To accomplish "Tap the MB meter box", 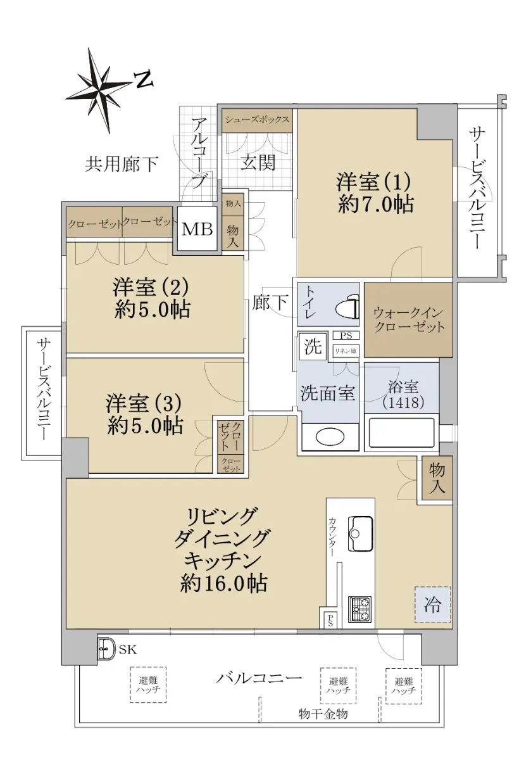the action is tap(197, 229).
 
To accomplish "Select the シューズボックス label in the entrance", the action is tap(258, 120).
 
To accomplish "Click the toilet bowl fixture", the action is tap(347, 307).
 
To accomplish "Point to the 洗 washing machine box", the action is tap(313, 346).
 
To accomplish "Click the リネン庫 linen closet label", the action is tap(346, 351).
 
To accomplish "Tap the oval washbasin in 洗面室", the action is tap(330, 436).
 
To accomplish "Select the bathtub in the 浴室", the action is tap(401, 433).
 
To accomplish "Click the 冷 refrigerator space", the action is tap(433, 605).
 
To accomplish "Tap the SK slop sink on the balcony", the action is tap(106, 649).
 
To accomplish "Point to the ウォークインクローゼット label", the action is tap(409, 320).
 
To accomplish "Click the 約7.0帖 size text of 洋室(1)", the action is tap(375, 204).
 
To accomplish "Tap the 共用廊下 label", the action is tap(122, 164).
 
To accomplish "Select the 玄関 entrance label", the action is tap(258, 163).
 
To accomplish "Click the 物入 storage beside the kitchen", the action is tap(437, 478).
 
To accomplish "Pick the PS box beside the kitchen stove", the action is tap(330, 621).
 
